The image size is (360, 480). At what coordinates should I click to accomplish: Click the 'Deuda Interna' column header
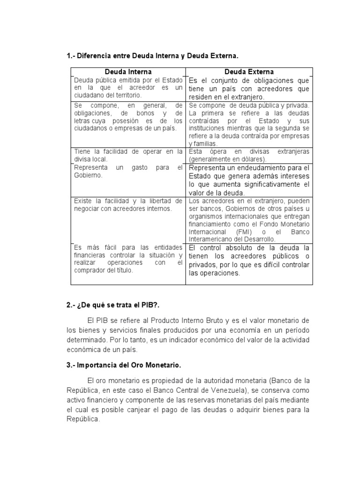coord(127,72)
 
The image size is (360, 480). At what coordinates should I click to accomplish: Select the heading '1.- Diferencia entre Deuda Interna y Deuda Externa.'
coord(153,56)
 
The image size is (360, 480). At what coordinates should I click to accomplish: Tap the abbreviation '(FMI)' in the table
coord(247,232)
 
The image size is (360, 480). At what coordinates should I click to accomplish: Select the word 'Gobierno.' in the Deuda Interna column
coord(88,175)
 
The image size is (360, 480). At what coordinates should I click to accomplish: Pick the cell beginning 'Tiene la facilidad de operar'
coord(128,155)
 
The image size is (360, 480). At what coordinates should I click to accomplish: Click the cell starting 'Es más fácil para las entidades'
coord(128,259)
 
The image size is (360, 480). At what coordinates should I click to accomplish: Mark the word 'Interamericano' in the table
coord(212,239)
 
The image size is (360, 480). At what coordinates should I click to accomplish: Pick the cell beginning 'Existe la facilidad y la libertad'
coord(128,205)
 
